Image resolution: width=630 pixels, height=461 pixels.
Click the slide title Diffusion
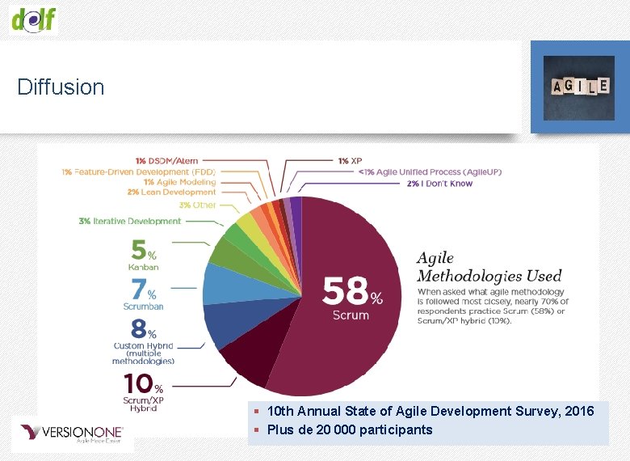[x=61, y=87]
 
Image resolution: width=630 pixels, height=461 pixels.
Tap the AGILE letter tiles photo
[x=578, y=87]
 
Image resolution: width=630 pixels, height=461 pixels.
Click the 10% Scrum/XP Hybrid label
[x=144, y=391]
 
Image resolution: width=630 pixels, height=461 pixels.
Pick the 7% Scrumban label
[x=143, y=294]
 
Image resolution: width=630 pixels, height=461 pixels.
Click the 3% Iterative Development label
[x=129, y=221]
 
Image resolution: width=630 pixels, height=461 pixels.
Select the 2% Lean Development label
[x=171, y=192]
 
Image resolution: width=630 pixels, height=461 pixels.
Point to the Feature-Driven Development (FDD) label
[x=139, y=171]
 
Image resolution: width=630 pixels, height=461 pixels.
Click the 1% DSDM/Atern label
[x=166, y=161]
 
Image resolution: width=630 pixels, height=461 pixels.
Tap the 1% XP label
[x=350, y=161]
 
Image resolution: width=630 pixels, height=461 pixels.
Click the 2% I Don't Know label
[x=439, y=184]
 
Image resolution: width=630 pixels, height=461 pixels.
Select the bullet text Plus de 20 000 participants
[x=349, y=429]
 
